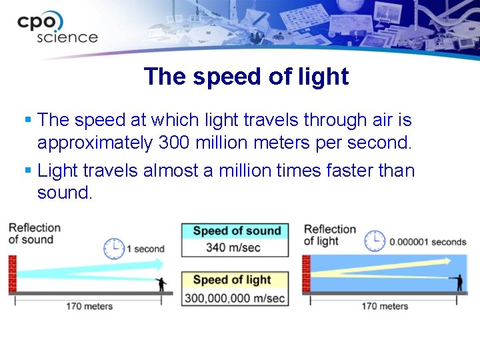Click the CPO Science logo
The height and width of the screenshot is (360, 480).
57,29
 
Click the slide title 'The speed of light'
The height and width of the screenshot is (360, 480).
246,77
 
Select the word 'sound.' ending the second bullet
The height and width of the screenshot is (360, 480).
65,193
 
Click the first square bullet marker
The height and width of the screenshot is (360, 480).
27,120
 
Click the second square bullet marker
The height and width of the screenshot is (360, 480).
27,171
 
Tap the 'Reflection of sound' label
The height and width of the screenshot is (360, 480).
34,233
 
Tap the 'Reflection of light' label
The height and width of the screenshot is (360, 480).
329,235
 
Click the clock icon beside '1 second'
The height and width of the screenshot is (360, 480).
114,249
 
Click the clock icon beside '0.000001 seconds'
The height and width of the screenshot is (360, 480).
375,241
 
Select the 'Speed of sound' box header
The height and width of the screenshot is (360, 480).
236,231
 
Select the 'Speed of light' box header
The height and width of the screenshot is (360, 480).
231,280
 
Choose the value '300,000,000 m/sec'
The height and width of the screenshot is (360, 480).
235,297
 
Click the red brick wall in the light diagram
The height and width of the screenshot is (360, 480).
307,274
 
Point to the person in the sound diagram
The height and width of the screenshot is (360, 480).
161,284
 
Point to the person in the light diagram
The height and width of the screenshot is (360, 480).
459,282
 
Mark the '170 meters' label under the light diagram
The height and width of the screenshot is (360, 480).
384,306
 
